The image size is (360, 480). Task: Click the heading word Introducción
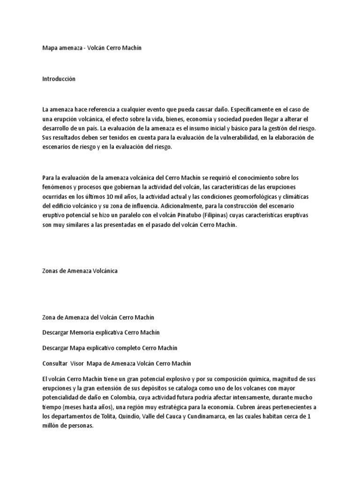click(59, 79)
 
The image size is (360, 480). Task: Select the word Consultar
click(55, 363)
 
